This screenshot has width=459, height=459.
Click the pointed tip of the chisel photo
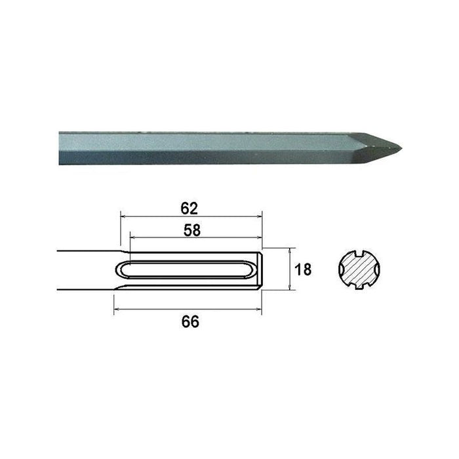[x=401, y=146]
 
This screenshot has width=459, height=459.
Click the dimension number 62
[x=190, y=209]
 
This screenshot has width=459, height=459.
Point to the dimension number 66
[x=190, y=321]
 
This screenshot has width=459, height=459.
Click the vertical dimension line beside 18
[x=289, y=269]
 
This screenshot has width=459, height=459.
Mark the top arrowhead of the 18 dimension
[x=289, y=250]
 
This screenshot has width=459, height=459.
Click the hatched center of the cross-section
[x=358, y=269]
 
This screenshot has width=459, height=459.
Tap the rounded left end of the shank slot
[x=124, y=270]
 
